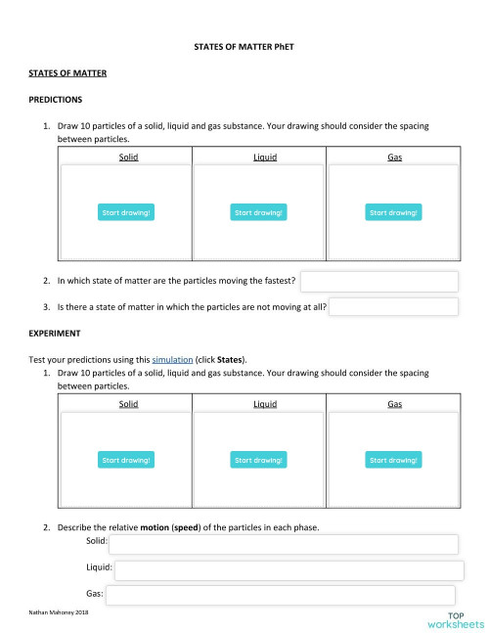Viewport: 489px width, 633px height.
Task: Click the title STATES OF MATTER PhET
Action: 244,47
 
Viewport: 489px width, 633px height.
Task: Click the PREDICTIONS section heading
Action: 56,100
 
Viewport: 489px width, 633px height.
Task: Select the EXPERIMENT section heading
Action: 55,334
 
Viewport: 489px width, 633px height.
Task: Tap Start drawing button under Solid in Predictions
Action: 127,212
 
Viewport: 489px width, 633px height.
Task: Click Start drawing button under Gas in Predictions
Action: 393,212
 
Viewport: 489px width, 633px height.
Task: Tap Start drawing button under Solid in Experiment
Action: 127,460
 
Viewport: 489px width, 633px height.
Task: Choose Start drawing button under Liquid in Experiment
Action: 258,460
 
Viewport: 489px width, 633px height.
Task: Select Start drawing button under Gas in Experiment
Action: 393,460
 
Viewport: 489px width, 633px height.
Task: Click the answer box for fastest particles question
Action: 379,282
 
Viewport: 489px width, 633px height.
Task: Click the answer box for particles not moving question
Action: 393,307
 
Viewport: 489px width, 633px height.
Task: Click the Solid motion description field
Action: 283,544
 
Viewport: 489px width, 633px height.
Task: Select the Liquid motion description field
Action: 289,569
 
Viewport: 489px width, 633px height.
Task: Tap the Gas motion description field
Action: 279,595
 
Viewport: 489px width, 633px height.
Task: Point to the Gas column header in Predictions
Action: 394,157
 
